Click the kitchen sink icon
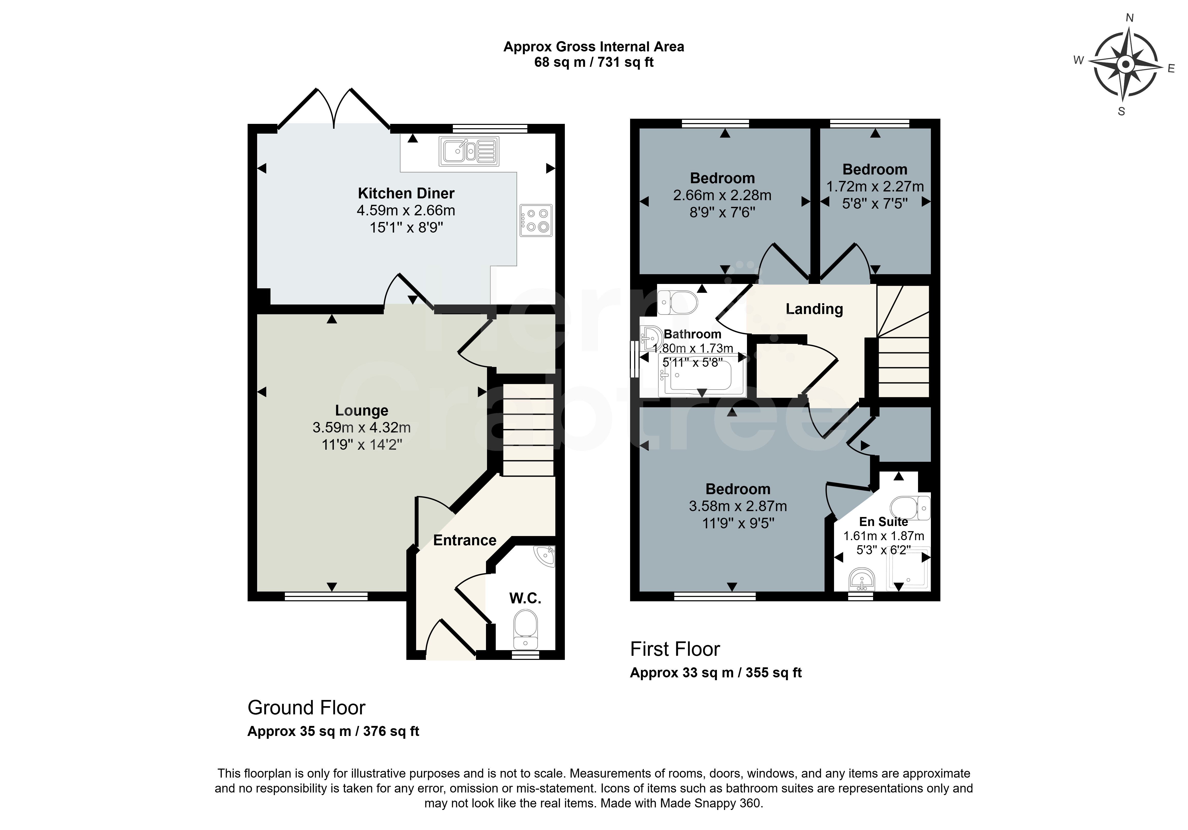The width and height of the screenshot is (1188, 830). pos(469,151)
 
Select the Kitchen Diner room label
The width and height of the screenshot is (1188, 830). pos(406,194)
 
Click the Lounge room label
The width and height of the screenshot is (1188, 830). pos(362,411)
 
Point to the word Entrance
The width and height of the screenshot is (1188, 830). pos(465,541)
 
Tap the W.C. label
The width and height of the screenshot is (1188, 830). pos(525,598)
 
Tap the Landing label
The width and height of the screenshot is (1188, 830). pos(815,309)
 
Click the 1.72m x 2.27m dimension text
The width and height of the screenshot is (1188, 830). pos(875,186)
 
